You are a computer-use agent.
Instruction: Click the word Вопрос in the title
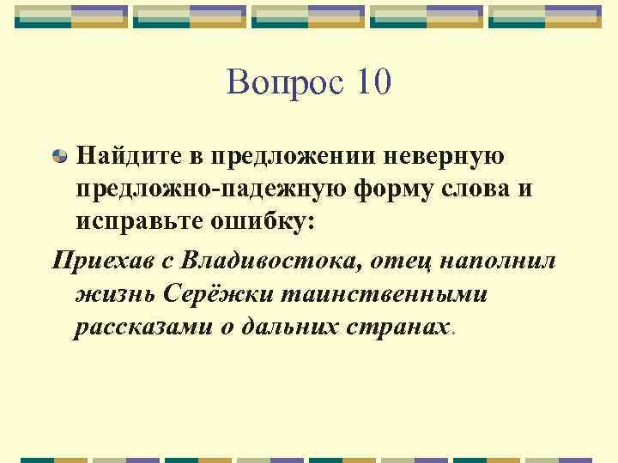(x=279, y=83)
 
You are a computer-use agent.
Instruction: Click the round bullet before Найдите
(x=61, y=157)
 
